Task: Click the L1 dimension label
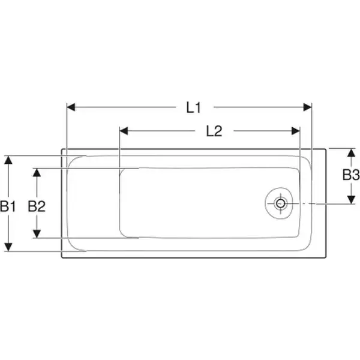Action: pos(194,107)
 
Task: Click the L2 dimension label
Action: pos(214,131)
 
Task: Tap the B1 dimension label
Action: pos(8,206)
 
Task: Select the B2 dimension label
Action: pos(37,206)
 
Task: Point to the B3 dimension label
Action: pos(351,175)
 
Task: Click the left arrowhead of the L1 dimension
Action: pos(71,107)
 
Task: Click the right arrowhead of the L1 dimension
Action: pos(308,107)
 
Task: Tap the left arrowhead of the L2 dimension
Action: pos(124,131)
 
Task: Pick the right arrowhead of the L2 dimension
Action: pos(296,131)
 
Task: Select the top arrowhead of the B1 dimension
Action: pos(8,160)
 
